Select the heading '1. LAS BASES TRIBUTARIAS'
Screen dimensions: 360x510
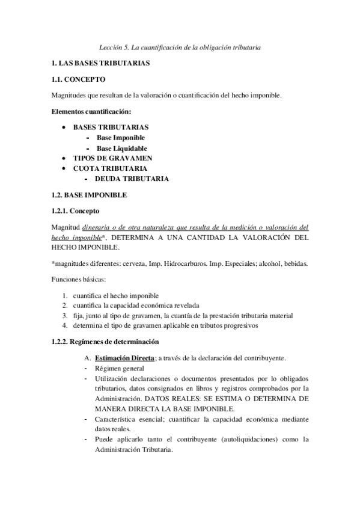[100, 63]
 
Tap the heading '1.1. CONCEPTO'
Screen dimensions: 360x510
[78, 79]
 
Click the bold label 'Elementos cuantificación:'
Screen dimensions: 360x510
[91, 111]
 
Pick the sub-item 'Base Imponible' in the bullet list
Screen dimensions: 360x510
[121, 138]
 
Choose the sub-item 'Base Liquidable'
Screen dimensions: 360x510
[122, 148]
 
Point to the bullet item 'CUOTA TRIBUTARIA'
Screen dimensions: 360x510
[110, 168]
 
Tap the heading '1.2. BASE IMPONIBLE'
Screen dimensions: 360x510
[90, 195]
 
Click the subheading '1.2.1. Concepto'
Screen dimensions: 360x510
[75, 211]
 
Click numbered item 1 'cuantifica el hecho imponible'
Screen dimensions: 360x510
[116, 296]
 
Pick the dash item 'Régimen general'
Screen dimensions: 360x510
[120, 368]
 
